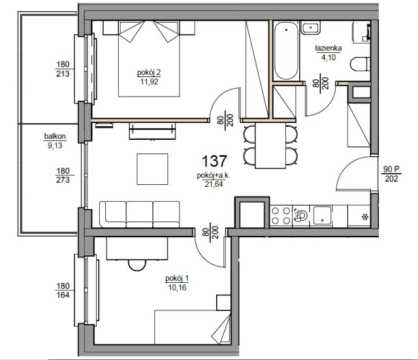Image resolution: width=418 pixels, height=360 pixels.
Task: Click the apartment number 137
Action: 214,161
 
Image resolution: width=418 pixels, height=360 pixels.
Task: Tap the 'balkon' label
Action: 55,137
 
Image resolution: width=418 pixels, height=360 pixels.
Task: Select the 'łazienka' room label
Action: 328,48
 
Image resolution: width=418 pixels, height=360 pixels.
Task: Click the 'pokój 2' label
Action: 149,73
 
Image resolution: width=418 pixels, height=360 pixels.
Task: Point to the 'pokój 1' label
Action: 177,279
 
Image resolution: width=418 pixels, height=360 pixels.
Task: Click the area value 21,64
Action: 214,184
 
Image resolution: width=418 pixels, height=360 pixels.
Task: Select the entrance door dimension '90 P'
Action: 391,169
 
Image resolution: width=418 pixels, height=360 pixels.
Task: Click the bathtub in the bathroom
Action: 286,51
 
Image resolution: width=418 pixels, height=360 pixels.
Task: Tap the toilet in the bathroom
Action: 360,64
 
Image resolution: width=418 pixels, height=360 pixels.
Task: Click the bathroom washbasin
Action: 311,27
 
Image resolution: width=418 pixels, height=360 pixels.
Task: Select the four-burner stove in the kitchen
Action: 281,216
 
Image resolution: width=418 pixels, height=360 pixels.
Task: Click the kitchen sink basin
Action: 322,216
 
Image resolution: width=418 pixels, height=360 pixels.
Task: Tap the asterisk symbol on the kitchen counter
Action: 364,217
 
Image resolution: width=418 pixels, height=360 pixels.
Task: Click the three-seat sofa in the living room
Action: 139,214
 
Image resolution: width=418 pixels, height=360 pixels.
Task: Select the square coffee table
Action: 152,169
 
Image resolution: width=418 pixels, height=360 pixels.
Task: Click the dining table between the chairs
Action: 270,146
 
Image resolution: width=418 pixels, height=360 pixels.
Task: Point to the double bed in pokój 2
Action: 149,59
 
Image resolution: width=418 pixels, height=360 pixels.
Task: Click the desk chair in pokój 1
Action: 137,265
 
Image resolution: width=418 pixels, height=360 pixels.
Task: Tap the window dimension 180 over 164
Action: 63,291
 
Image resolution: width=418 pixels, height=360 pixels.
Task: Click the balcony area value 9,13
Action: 55,146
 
